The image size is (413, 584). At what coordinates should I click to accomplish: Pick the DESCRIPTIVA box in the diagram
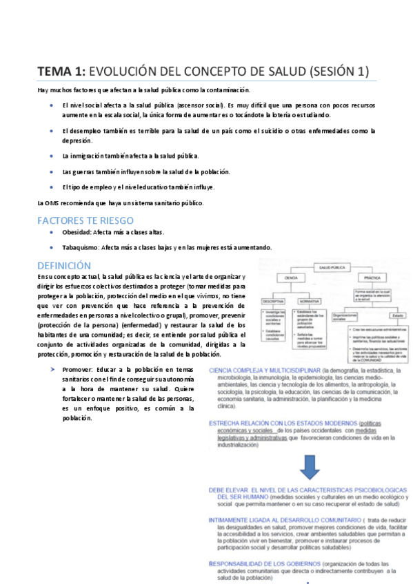pos(273,302)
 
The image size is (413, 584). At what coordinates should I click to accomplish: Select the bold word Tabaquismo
pos(80,247)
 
